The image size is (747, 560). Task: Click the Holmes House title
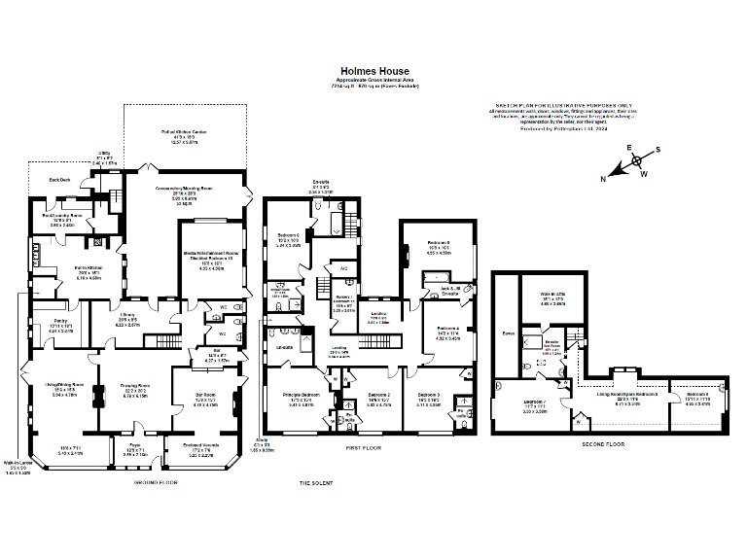click(374, 70)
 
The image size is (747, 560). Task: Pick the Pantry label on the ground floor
click(60, 321)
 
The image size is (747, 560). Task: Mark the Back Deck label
click(60, 180)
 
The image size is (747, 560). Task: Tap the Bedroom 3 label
click(429, 394)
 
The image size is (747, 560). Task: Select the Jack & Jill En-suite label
click(449, 289)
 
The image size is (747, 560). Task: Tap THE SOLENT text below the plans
click(317, 482)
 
